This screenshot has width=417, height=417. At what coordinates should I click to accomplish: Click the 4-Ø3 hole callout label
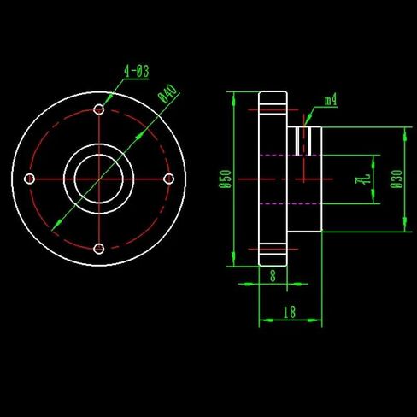tap(137, 71)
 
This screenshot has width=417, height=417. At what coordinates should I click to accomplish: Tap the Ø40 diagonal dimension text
tap(168, 93)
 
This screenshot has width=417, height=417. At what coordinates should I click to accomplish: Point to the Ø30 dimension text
tap(397, 179)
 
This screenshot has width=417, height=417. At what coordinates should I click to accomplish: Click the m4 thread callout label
tap(331, 100)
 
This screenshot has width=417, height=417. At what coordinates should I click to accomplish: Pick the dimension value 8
tap(273, 276)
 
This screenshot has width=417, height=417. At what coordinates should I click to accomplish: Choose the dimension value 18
tap(290, 312)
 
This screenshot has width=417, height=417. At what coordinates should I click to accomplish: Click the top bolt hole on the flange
tap(99, 109)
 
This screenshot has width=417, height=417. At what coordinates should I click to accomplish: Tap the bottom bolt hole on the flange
tap(99, 249)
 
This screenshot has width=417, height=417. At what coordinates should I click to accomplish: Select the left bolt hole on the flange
tap(29, 179)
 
